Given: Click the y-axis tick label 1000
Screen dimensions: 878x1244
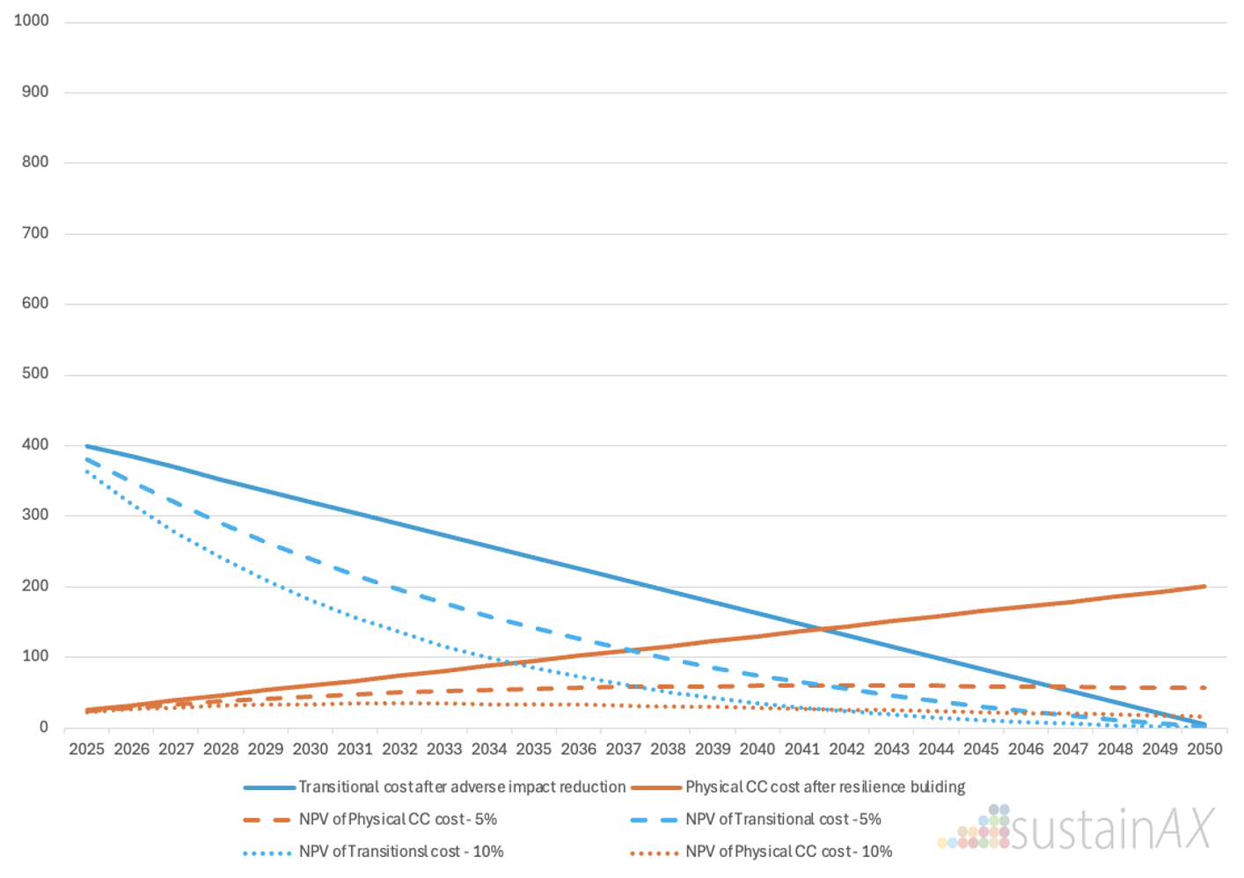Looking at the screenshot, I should click(x=32, y=20).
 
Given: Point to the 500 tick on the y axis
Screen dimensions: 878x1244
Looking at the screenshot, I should click(x=35, y=373).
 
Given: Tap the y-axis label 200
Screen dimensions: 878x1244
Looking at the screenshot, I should click(x=35, y=585).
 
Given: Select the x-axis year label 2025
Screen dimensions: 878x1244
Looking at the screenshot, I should click(x=86, y=749).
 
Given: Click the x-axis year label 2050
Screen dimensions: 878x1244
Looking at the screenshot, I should click(x=1204, y=749).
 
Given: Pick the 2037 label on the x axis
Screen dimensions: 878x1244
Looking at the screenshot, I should click(x=623, y=749).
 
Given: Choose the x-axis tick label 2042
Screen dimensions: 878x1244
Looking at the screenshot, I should click(x=846, y=749).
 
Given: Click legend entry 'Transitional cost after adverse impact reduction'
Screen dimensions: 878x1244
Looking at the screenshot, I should click(x=462, y=787).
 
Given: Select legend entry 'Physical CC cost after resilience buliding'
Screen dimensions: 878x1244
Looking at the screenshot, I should click(x=824, y=787).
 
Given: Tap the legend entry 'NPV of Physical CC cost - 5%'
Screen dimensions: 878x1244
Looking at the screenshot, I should click(x=398, y=819).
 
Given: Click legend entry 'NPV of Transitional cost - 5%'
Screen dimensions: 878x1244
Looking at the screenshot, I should click(x=783, y=819).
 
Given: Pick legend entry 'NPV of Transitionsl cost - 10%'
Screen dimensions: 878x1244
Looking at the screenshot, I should click(x=401, y=852).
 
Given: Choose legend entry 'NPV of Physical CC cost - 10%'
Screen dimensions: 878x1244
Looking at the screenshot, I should click(x=788, y=852).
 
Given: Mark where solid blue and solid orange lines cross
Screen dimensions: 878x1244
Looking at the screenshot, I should click(x=823, y=629).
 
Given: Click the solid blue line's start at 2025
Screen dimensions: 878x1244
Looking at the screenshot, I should click(x=86, y=446).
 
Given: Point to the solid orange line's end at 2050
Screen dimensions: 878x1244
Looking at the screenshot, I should click(x=1204, y=586).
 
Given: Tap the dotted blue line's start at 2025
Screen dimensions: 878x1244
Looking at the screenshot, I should click(x=86, y=472).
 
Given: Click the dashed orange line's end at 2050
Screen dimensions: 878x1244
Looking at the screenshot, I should click(x=1204, y=688).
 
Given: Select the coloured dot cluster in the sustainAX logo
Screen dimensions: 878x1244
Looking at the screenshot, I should click(x=977, y=829).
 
